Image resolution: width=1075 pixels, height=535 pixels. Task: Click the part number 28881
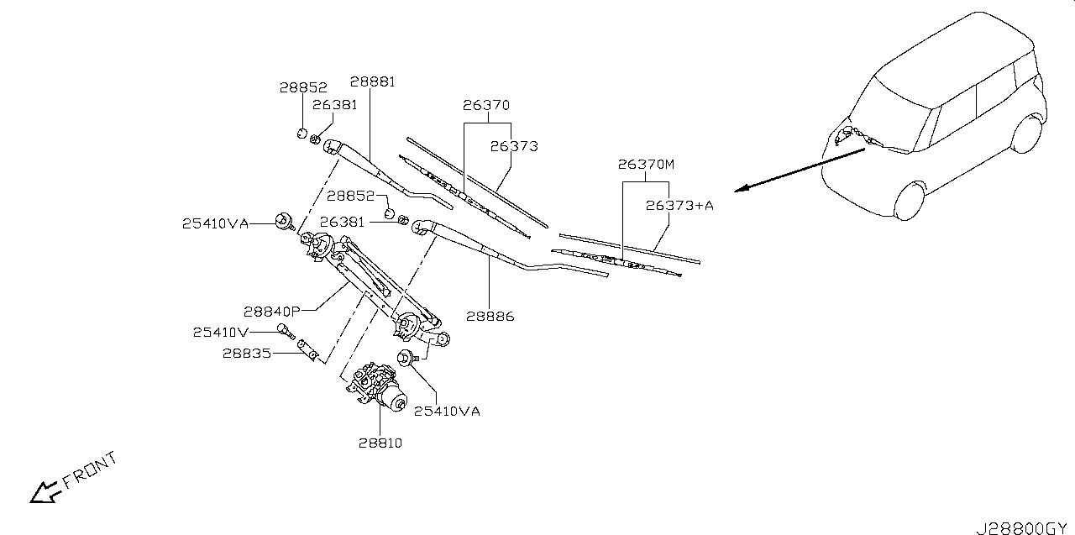point(372,82)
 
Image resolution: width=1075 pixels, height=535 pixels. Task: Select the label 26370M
point(646,165)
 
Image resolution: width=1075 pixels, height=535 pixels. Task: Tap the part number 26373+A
point(679,206)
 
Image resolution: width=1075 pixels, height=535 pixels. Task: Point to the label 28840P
point(271,312)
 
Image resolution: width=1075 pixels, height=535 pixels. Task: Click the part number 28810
point(380,443)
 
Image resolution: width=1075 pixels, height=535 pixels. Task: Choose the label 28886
point(490,317)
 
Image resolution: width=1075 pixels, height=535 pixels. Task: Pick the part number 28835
point(247,354)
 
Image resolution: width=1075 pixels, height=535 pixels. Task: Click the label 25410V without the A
point(221,332)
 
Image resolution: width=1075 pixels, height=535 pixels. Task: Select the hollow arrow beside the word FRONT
point(45,493)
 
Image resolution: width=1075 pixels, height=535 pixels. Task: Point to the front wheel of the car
point(910,202)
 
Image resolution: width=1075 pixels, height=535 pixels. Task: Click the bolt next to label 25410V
point(286,332)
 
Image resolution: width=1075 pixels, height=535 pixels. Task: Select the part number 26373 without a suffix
point(514,146)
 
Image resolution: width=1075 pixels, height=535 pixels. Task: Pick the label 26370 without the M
point(486,105)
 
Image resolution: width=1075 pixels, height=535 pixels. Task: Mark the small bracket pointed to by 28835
point(307,349)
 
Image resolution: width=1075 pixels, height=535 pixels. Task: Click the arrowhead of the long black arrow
point(741,189)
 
